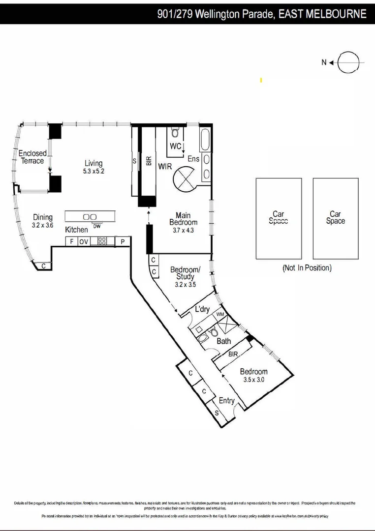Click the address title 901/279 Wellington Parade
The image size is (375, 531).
point(262,14)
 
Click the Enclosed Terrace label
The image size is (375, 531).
point(32,157)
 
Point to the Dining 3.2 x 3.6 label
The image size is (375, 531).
point(43,221)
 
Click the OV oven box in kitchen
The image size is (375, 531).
point(84,241)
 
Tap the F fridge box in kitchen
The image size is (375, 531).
point(71,241)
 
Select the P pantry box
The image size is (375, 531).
point(123,241)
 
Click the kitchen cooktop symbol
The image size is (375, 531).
point(103,241)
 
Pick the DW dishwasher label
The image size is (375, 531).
point(96,226)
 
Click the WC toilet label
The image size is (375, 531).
point(176,146)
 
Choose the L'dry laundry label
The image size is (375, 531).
point(202,309)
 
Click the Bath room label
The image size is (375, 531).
point(224,341)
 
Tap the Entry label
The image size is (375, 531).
point(227,401)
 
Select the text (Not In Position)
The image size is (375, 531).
point(307,268)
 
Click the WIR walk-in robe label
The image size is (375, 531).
point(165,167)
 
